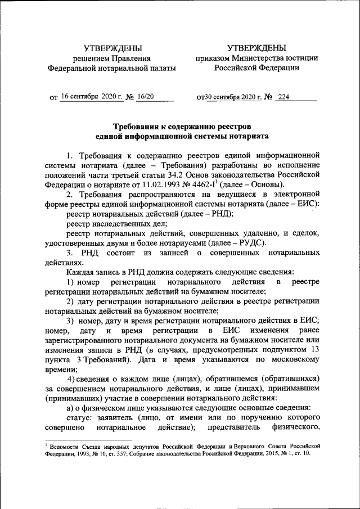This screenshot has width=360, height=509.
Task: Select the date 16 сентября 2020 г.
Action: tap(91, 96)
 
